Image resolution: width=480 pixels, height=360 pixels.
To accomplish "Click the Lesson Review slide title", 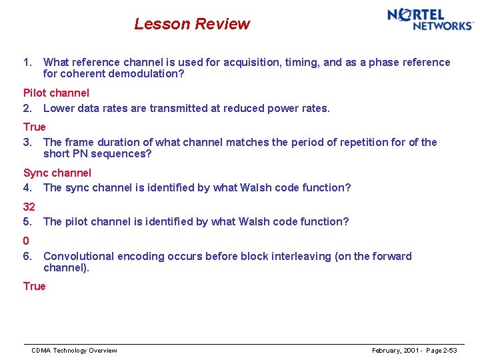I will tap(192, 24).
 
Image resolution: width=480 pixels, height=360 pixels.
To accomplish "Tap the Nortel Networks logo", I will tap(430, 19).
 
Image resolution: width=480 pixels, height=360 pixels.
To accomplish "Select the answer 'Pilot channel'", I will tap(56, 93).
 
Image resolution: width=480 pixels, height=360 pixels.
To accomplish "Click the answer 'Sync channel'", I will tap(57, 173).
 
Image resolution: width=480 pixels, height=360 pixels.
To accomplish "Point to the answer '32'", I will tap(29, 207).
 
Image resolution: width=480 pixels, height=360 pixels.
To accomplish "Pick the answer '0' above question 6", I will tap(26, 241).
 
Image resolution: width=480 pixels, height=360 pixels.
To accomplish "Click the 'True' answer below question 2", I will tap(35, 127).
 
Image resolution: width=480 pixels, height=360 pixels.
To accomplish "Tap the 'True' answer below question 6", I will tap(35, 286).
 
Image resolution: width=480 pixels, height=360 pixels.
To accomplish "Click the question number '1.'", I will tap(27, 62).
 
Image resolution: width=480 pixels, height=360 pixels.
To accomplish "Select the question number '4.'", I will tap(27, 187).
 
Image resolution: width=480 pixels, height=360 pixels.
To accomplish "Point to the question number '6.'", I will tap(27, 256).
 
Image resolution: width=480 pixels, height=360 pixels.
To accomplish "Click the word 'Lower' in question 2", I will tap(59, 108).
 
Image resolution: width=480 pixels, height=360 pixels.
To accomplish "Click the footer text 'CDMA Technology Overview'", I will tap(74, 351).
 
